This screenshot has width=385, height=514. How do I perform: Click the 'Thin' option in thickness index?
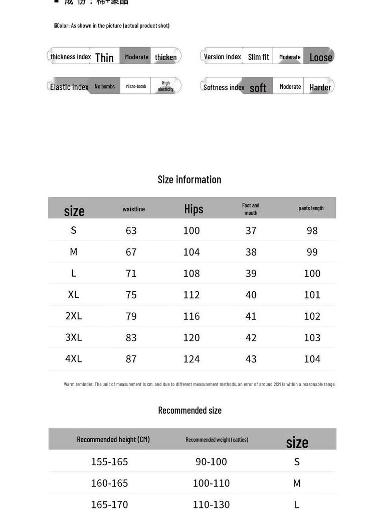[x=104, y=57]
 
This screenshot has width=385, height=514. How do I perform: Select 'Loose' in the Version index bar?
[x=320, y=57]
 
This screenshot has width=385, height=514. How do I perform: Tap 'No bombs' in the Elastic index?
[x=105, y=86]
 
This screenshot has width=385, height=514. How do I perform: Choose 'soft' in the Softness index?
[x=258, y=88]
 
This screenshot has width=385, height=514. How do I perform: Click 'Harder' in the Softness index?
[x=320, y=87]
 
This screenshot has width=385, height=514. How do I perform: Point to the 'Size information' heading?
[x=189, y=179]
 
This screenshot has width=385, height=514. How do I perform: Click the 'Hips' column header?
[x=194, y=209]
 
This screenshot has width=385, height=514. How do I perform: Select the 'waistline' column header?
[x=134, y=209]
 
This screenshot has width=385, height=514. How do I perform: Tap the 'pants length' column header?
[x=311, y=208]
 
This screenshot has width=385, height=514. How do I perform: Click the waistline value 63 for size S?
[x=131, y=230]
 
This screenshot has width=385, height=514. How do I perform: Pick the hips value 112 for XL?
[x=191, y=295]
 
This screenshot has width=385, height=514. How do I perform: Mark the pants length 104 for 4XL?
[x=312, y=359]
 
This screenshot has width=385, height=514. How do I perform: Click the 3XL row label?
[x=73, y=337]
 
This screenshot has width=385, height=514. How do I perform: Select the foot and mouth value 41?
[x=251, y=316]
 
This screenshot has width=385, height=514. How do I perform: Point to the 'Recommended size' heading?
[x=189, y=410]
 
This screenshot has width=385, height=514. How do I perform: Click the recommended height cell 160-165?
[x=109, y=483]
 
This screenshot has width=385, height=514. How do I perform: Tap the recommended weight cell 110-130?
[x=211, y=504]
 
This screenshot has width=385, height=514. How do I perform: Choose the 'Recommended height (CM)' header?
[x=113, y=439]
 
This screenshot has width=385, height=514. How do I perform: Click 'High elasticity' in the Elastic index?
[x=165, y=86]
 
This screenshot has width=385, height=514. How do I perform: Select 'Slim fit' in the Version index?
[x=258, y=57]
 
